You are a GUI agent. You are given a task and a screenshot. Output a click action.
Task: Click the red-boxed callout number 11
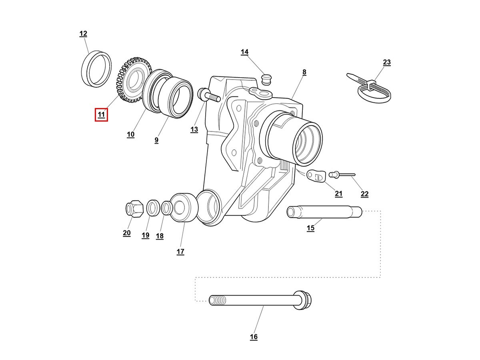click(x=101, y=115)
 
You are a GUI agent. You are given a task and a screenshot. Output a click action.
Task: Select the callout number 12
click(x=83, y=34)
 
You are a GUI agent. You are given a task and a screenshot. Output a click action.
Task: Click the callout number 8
click(x=304, y=72)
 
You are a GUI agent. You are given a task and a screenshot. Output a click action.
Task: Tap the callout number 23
click(x=386, y=62)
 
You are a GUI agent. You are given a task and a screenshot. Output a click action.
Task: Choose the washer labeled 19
click(x=152, y=208)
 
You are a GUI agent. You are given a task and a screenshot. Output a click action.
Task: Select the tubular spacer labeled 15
click(x=324, y=212)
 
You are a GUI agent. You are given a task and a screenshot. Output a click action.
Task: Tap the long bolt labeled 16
click(x=260, y=300)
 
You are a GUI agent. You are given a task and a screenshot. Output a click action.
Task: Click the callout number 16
click(x=254, y=337)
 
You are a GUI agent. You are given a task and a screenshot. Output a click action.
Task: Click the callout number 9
click(x=156, y=140)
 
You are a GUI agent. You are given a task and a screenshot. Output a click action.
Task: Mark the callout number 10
click(x=131, y=134)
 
